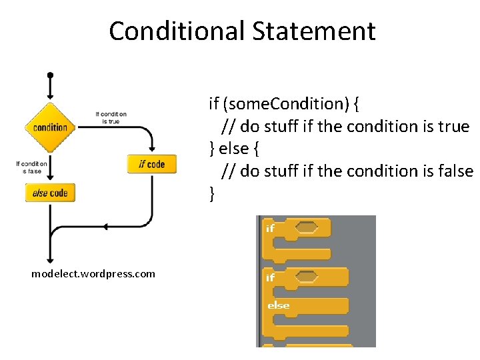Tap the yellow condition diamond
pos(50,127)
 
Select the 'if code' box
pos(151,164)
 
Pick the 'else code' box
pos(50,193)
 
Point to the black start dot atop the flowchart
pos(50,75)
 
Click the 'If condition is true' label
pos(111,117)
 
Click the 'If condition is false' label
pos(31,167)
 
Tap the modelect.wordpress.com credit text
pos(93,273)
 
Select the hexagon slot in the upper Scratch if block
pos(306,228)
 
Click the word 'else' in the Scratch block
pos(278,305)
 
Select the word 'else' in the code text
pos(234,148)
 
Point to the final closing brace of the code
pos(212,193)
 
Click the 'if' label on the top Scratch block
pos(270,228)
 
